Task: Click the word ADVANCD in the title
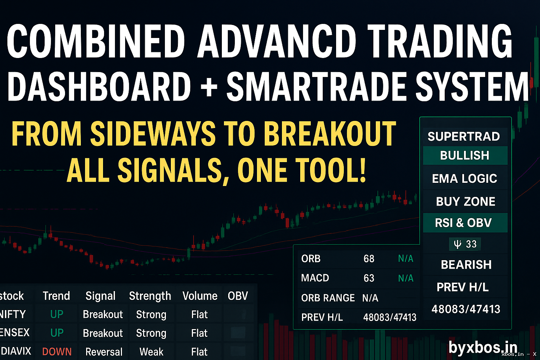coord(277,41)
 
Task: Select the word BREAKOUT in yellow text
coord(330,134)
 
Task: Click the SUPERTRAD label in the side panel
coord(463,136)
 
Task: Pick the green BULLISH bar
coord(465,155)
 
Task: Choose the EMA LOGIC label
coord(464,179)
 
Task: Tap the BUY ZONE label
coord(465,201)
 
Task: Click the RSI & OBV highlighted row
coord(463,223)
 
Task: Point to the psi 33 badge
coord(465,244)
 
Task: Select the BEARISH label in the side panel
coord(466,265)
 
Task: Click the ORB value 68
coord(369,259)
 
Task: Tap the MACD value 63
coord(369,278)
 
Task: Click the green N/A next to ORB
coord(405,259)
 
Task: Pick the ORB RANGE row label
coord(328,298)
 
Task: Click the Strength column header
coord(150,296)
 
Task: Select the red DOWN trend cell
coord(57,352)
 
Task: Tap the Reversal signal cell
coord(104,352)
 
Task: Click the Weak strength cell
coord(151,352)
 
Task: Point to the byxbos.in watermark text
coord(483,347)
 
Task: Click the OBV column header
coord(238,296)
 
